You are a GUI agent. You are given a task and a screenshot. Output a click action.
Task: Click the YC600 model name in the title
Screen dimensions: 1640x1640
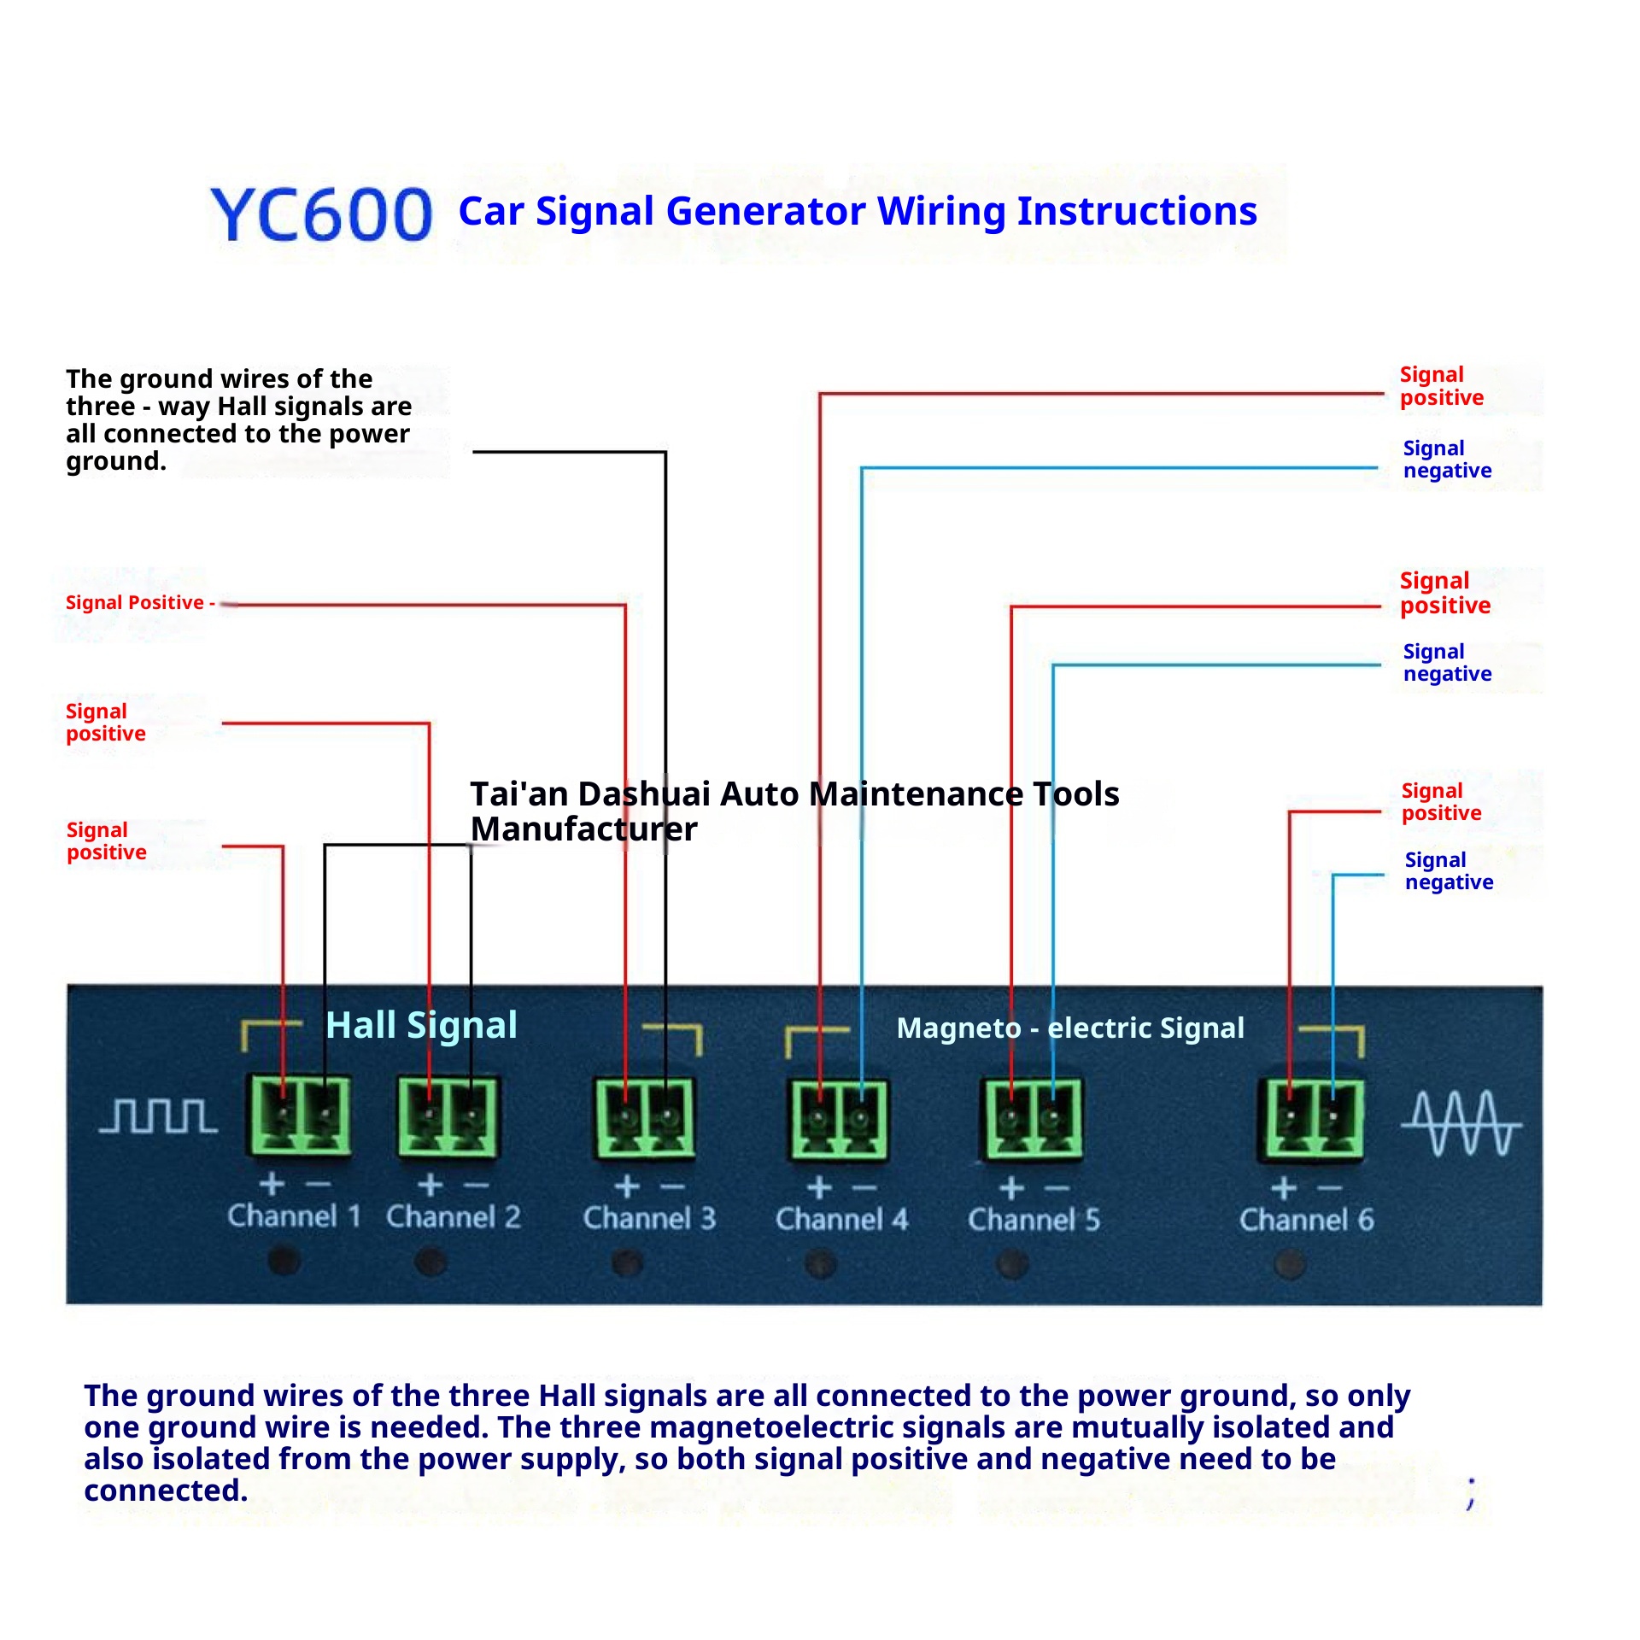[x=321, y=214]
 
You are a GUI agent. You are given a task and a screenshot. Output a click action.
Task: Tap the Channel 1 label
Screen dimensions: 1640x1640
[x=294, y=1215]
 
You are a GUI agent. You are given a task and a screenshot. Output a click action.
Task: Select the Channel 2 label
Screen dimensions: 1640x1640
[x=453, y=1216]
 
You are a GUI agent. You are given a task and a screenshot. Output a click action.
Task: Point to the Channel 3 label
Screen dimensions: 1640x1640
[x=649, y=1218]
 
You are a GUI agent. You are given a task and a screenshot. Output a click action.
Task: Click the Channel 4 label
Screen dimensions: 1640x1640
[x=841, y=1219]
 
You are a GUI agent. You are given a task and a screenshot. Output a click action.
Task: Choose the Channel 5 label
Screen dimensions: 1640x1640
[x=1034, y=1220]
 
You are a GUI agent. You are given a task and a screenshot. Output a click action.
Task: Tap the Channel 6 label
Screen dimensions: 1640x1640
[x=1307, y=1220]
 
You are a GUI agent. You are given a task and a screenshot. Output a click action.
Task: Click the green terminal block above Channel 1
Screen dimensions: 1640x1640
[x=299, y=1116]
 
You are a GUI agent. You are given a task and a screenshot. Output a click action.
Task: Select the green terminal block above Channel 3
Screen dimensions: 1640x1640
[x=646, y=1118]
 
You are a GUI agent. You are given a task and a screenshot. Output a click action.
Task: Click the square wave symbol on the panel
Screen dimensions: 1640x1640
[x=158, y=1116]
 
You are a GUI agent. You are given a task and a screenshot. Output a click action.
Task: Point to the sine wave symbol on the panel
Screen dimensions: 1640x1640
[x=1461, y=1123]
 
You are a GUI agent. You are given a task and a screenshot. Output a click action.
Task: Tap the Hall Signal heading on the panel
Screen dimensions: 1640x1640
[x=422, y=1026]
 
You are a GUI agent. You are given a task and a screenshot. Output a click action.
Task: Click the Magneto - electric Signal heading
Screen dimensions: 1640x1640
[x=1070, y=1028]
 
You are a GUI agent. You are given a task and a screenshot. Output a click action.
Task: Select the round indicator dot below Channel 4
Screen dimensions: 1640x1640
[x=821, y=1263]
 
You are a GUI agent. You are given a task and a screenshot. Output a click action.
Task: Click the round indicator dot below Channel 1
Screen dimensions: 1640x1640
[x=284, y=1260]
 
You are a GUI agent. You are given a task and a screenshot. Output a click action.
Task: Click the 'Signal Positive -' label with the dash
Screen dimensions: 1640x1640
[x=140, y=603]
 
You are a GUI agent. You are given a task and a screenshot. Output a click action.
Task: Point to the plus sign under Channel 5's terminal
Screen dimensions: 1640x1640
[x=1012, y=1188]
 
